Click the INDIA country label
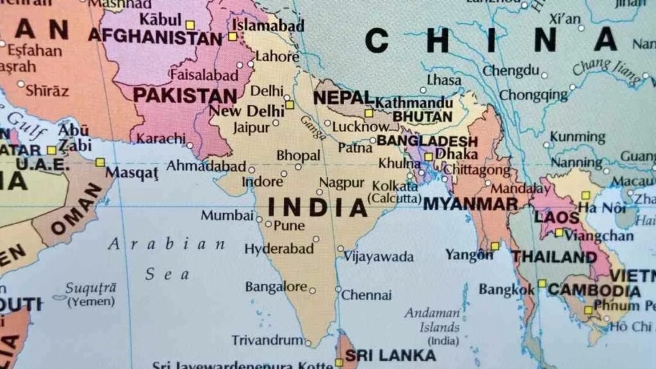click(x=318, y=207)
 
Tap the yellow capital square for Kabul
click(x=190, y=25)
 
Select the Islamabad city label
click(x=267, y=26)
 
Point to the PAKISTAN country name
click(x=184, y=96)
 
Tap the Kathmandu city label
click(x=414, y=102)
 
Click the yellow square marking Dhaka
click(x=429, y=156)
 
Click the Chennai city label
click(x=366, y=295)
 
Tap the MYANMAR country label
click(x=471, y=204)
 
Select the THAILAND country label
click(x=554, y=258)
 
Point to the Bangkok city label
click(x=506, y=290)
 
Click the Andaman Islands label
click(x=432, y=320)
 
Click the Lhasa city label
click(x=444, y=81)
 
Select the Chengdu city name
click(x=511, y=70)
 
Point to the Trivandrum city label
click(x=266, y=340)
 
